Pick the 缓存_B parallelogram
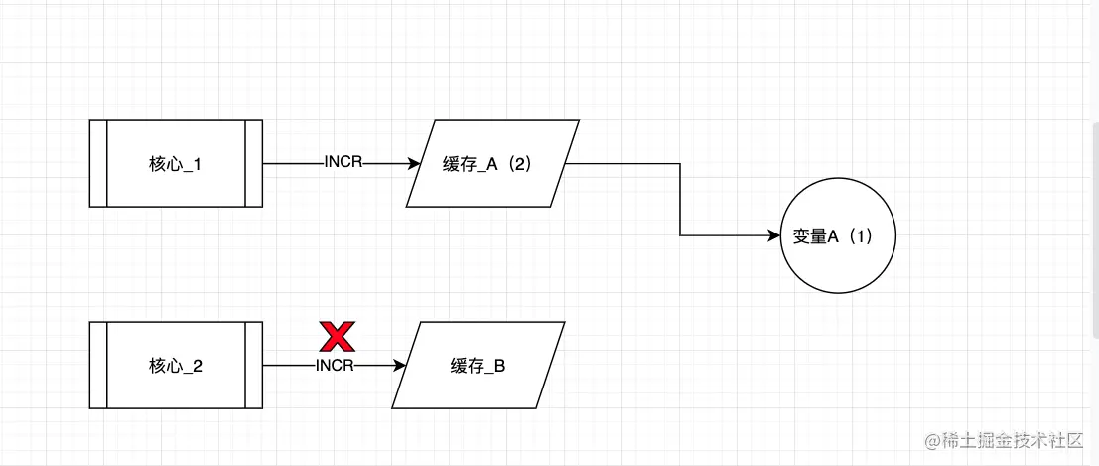coord(479,366)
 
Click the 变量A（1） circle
coord(839,236)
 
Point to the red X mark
coord(337,337)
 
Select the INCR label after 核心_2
coord(336,366)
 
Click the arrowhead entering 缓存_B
coord(400,366)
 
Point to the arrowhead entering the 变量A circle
coord(774,236)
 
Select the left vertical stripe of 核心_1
coord(98,163)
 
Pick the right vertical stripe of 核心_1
coord(254,163)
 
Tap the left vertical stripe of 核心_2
coord(98,366)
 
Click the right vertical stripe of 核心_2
coord(254,366)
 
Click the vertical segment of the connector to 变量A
coord(680,199)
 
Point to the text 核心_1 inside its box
coord(175,164)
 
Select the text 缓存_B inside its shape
coord(479,367)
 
